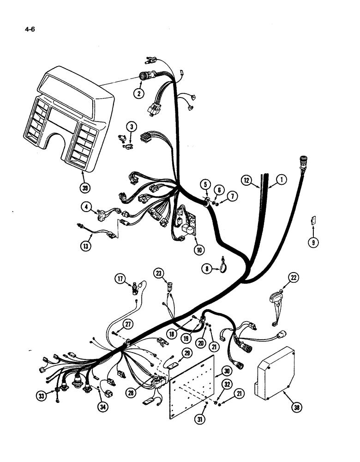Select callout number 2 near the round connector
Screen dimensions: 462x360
tap(138, 93)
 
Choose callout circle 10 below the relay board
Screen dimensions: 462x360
tap(199, 251)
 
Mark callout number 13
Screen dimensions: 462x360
tap(85, 246)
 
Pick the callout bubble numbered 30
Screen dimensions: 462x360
tap(227, 371)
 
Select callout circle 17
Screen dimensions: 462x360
tap(120, 279)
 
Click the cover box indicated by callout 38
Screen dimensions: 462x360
tap(275, 374)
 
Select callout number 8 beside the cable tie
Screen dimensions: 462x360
tap(208, 268)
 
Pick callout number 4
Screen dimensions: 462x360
tap(86, 207)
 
